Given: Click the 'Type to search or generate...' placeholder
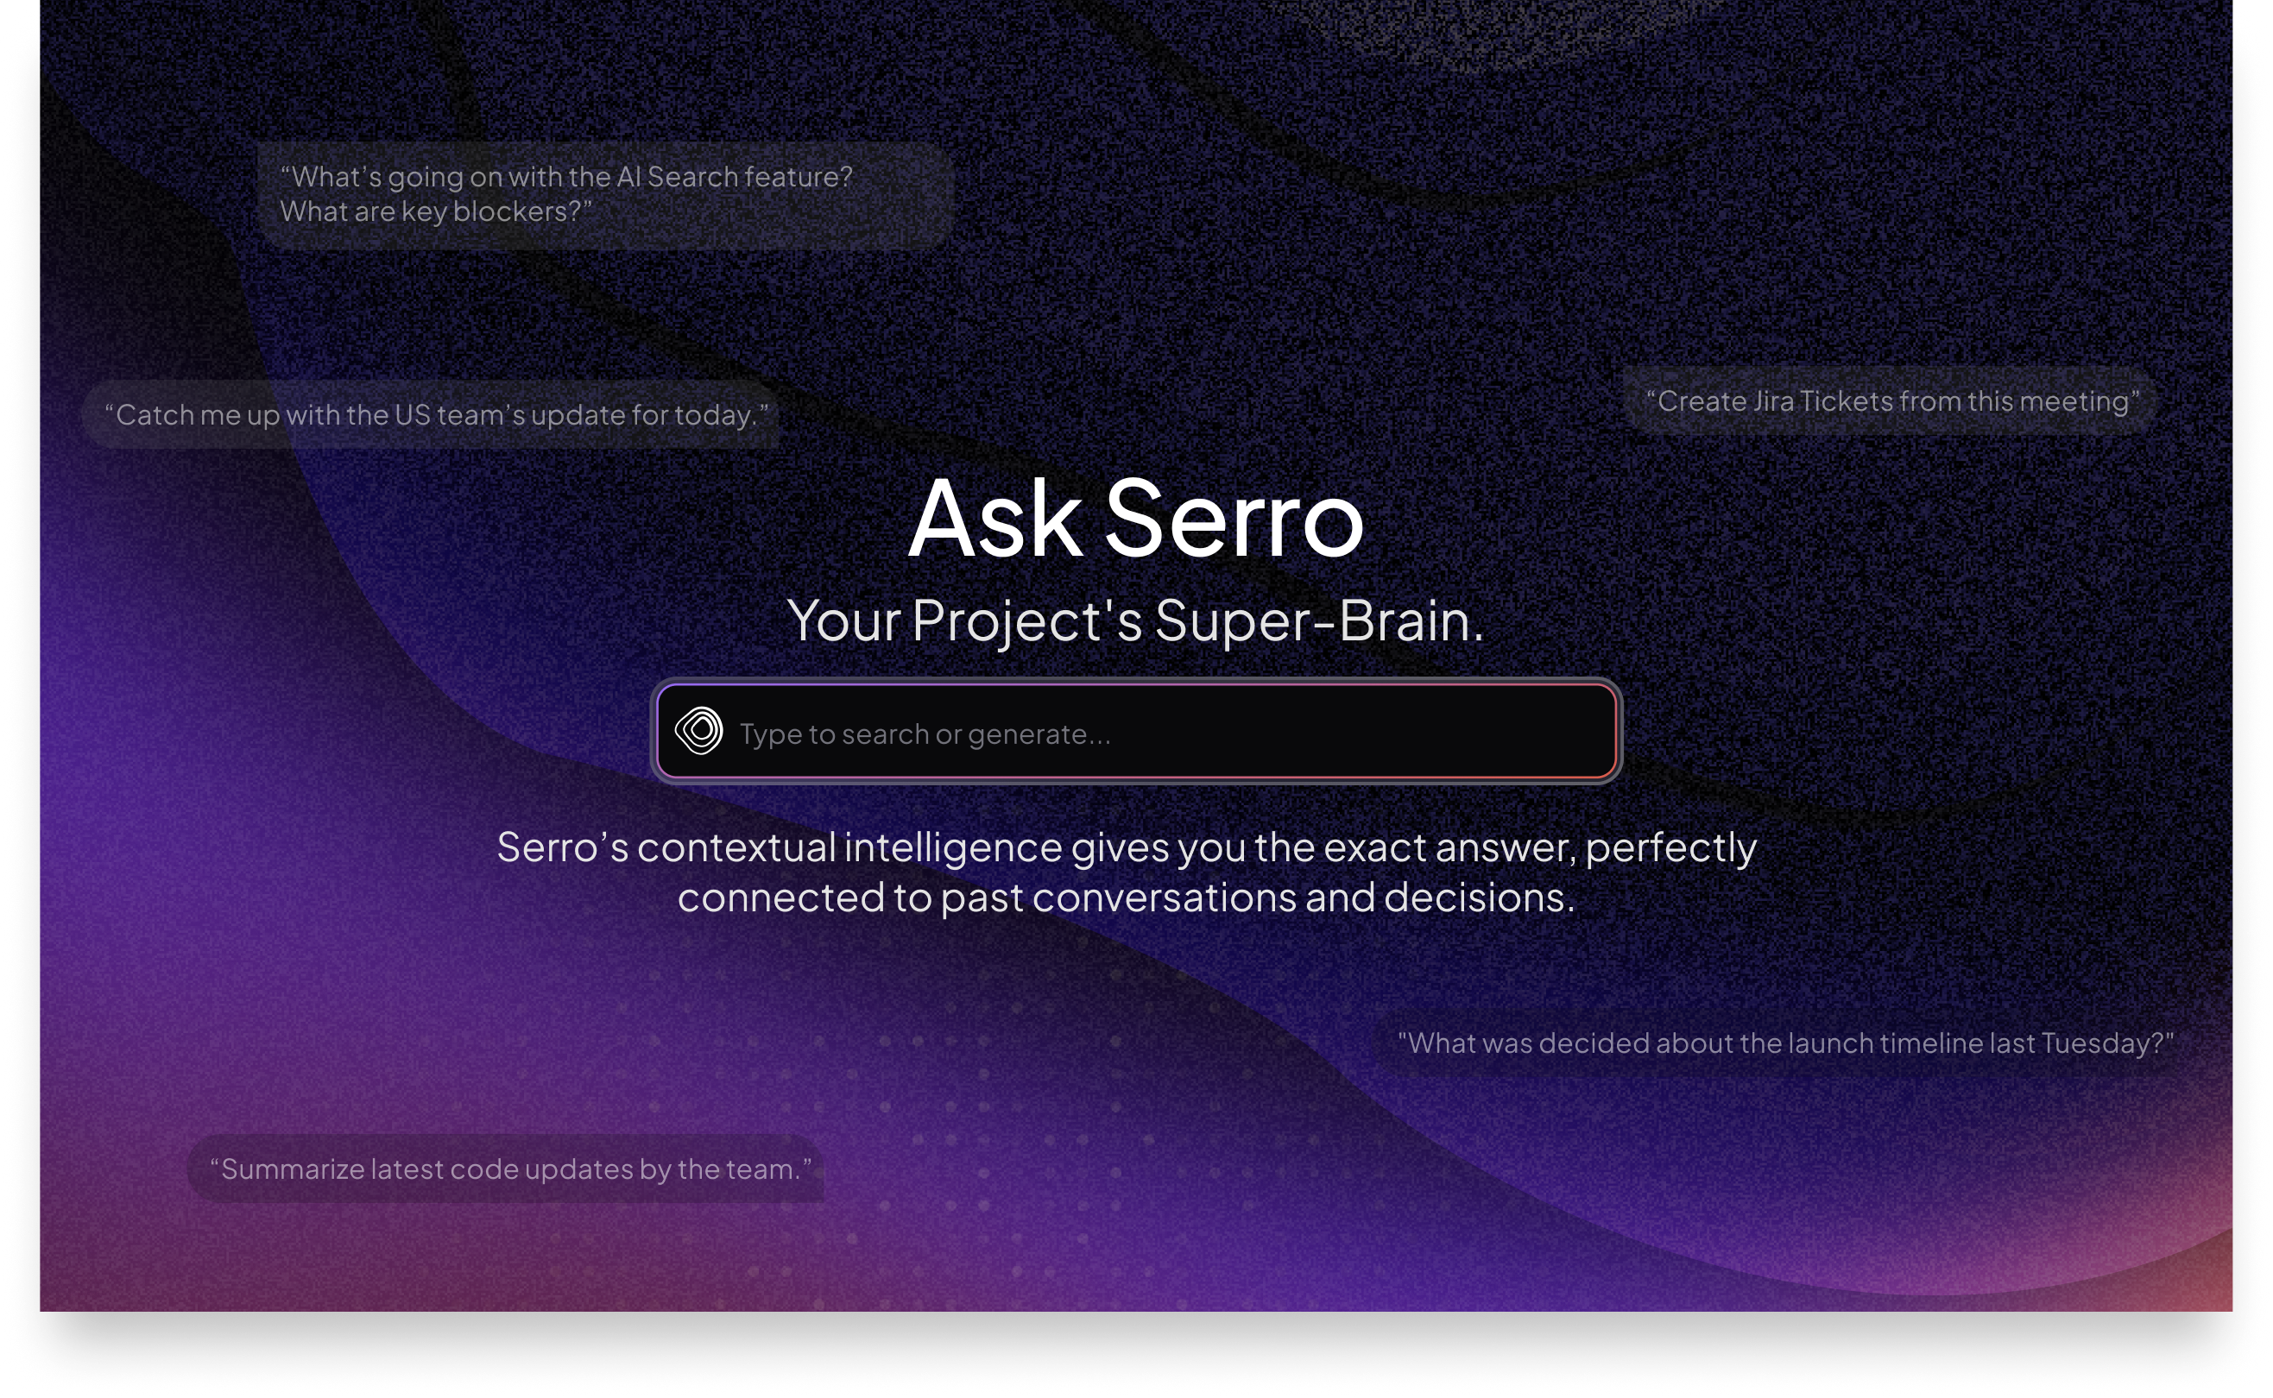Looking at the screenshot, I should pos(925,734).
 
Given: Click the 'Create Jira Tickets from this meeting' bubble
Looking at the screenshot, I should pos(1892,401).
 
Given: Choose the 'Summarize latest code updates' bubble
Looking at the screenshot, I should pos(509,1169).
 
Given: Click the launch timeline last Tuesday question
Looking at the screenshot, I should pos(1784,1044).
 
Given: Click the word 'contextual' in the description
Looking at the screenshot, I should pos(736,847).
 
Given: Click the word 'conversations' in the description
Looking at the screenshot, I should pos(1165,897).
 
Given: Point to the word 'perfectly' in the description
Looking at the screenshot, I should pos(1671,847).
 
